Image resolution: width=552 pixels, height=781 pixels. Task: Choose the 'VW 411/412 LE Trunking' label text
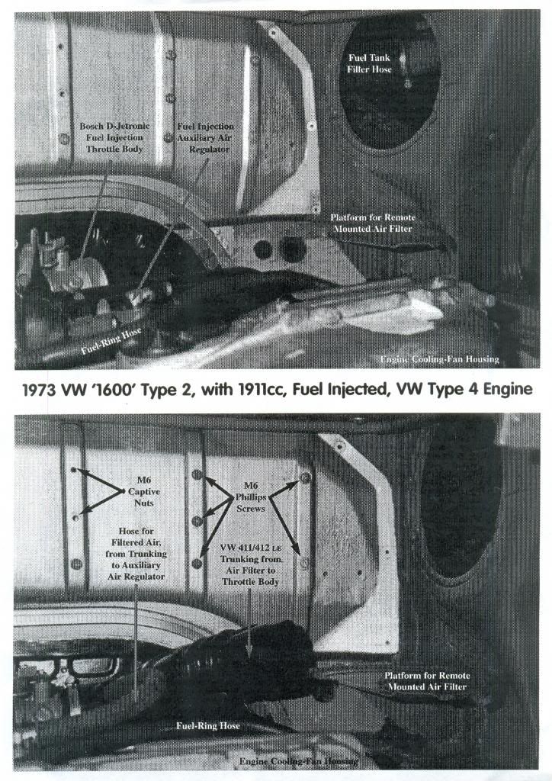[x=250, y=565]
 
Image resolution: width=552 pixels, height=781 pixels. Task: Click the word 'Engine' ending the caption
[x=506, y=390]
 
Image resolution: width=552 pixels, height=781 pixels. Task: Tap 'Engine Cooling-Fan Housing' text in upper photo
[x=439, y=358]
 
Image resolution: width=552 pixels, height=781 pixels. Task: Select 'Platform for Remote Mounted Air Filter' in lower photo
[x=427, y=681]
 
